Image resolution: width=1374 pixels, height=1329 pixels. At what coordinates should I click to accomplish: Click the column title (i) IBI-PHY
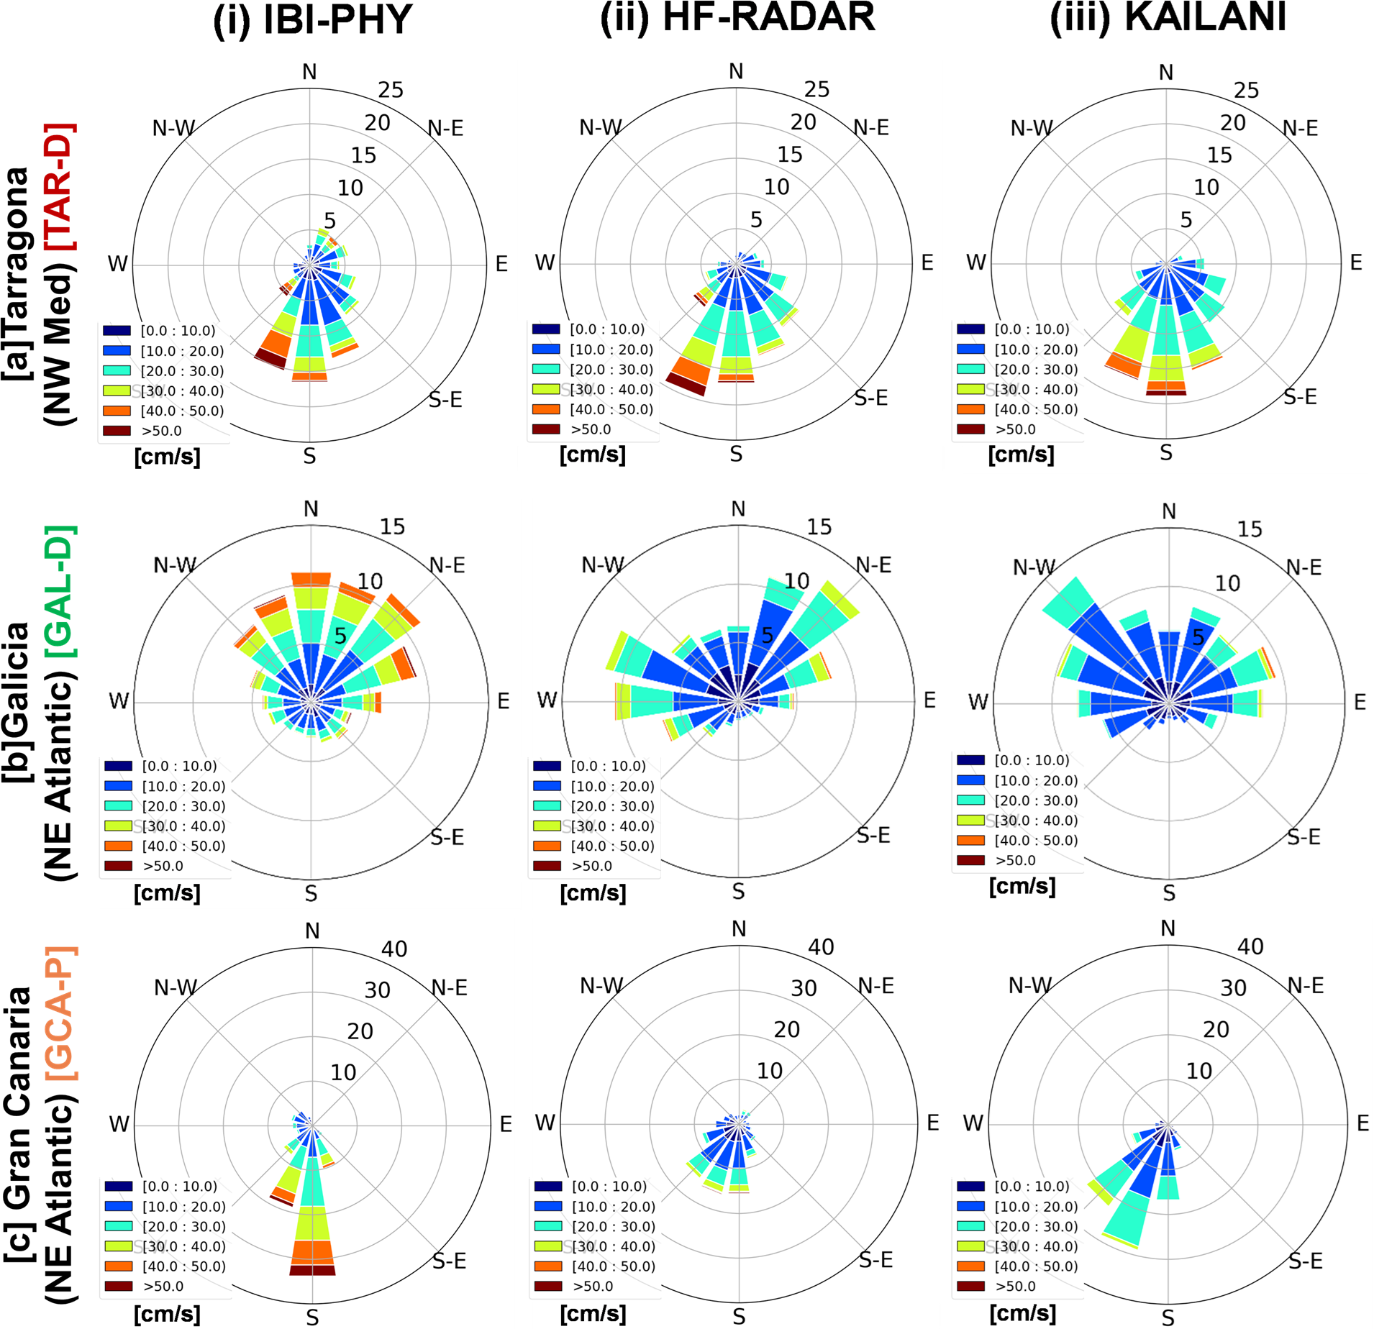[312, 20]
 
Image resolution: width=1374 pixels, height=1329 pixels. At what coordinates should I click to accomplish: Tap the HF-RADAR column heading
[738, 17]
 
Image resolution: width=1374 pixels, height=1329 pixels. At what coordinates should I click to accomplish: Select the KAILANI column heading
[1168, 17]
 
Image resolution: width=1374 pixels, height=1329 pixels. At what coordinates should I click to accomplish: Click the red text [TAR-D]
[58, 187]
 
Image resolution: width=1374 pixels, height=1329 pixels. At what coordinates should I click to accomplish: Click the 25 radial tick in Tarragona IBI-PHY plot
[391, 91]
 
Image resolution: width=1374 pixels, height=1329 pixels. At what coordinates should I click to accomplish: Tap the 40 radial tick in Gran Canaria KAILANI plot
[1250, 946]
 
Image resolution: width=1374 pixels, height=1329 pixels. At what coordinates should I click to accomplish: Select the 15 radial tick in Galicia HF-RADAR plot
[819, 527]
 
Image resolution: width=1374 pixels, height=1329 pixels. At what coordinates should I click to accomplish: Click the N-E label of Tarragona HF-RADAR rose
[871, 128]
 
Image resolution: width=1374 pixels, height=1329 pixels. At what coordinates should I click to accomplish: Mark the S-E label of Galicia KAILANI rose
[1304, 836]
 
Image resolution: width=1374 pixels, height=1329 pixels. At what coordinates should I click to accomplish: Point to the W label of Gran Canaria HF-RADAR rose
[545, 1123]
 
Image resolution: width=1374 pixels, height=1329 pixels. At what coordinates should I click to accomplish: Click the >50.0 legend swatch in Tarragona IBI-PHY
[117, 431]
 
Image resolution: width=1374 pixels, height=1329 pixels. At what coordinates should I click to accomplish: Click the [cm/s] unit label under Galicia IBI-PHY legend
[167, 893]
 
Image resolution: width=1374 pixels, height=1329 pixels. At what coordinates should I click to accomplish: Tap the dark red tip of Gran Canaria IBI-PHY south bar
[312, 1271]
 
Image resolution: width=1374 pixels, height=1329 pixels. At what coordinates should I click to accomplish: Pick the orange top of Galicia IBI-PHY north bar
[311, 579]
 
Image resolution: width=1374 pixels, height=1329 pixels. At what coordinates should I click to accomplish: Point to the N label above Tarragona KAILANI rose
[1166, 73]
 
